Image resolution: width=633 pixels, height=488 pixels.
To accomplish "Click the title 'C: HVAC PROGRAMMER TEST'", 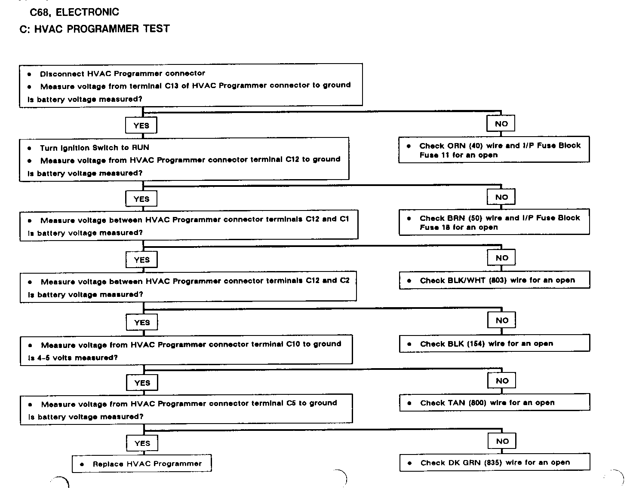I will tap(95, 29).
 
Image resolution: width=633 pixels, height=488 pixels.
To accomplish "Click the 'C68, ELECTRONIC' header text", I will tap(74, 12).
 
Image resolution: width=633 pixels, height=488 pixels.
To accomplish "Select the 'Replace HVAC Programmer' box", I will tap(142, 464).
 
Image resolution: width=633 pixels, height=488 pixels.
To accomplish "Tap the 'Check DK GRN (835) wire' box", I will tap(495, 463).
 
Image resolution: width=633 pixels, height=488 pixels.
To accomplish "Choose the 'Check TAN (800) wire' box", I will tap(495, 403).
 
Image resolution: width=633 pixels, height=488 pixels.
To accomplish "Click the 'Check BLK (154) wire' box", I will tap(495, 344).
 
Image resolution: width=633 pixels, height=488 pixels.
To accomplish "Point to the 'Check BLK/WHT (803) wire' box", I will tap(495, 281).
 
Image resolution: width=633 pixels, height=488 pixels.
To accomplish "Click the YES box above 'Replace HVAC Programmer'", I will tap(142, 443).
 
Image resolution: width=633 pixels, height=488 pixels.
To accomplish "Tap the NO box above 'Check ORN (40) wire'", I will tap(501, 124).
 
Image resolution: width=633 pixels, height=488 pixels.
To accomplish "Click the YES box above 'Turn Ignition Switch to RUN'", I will tap(141, 125).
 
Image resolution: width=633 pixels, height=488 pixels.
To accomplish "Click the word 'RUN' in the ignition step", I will tap(141, 147).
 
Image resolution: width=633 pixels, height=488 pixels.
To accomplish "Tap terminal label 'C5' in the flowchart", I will tap(291, 403).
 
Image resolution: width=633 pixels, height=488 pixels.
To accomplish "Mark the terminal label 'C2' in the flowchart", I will tap(344, 281).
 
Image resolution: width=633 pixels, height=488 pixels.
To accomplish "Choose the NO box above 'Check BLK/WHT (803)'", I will tap(502, 258).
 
